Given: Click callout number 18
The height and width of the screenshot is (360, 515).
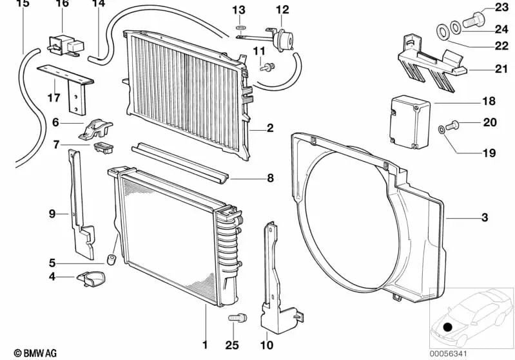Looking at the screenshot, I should [x=488, y=102].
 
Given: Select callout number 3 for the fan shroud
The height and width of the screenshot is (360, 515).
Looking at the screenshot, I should [x=484, y=218].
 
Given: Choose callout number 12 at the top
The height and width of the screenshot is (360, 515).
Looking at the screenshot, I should [x=283, y=9].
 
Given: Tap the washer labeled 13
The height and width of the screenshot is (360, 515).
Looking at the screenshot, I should [x=240, y=28].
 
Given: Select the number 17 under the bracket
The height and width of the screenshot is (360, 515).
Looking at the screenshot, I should [x=53, y=99].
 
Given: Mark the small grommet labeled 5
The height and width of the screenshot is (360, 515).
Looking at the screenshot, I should [x=110, y=260].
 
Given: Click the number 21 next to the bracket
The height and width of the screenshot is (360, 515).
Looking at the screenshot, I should [x=502, y=69].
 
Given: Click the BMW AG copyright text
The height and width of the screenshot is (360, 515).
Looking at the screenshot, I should [x=30, y=353].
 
